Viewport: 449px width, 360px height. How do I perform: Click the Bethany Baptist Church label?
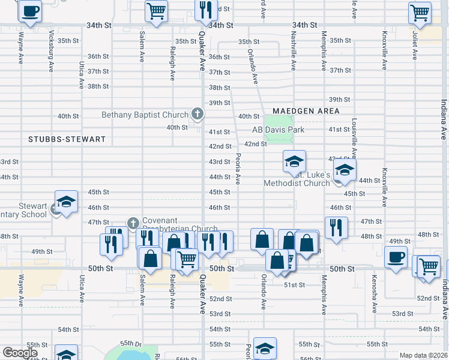coord(145,115)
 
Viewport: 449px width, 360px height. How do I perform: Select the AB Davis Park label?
coord(278,130)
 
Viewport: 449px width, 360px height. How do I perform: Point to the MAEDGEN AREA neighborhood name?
coord(306,111)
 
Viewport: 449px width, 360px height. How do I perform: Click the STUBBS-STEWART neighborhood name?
coord(67,139)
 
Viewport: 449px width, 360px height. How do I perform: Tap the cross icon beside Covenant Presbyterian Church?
coord(133,224)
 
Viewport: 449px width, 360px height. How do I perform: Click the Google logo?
coord(20,353)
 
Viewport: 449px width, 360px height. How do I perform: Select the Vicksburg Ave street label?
coord(52,43)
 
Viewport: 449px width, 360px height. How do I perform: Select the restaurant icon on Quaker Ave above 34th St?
coord(205,10)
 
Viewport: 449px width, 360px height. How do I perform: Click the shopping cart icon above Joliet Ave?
coord(420,12)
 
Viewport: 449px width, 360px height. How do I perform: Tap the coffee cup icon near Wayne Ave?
coord(30,10)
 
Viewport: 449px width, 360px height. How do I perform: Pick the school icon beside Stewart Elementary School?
coord(67,201)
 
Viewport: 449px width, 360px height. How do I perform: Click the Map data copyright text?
coord(423,355)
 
